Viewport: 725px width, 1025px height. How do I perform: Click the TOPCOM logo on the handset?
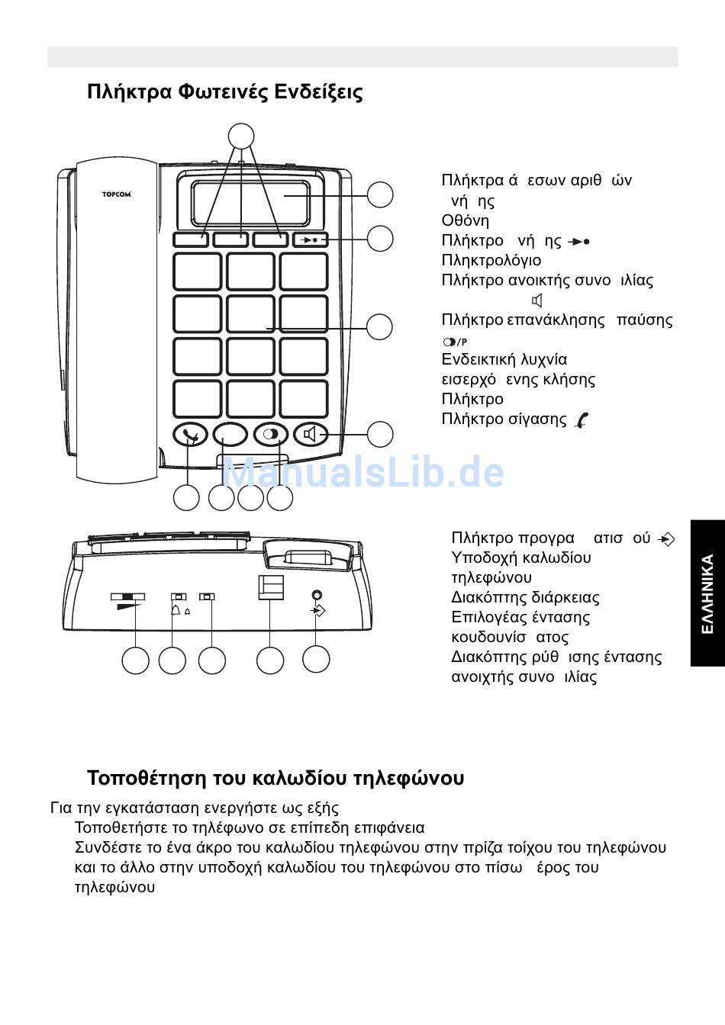(x=117, y=194)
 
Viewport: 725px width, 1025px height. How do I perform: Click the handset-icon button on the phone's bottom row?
(x=190, y=435)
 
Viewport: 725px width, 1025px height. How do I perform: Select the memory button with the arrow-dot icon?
(x=310, y=239)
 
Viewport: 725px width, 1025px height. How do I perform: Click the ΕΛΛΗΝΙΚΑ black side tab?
(x=707, y=593)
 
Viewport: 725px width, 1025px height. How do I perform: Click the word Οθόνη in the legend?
(x=465, y=220)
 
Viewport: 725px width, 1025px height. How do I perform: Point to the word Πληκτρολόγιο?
(x=491, y=260)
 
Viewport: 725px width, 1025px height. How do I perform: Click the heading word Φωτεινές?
(x=223, y=92)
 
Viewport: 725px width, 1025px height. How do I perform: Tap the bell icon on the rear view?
(x=176, y=610)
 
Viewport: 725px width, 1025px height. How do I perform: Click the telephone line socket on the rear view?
(x=271, y=587)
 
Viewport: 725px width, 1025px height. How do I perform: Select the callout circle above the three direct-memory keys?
(x=241, y=137)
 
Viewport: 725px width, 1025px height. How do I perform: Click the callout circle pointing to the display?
(x=379, y=194)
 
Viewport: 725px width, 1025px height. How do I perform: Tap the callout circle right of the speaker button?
(x=379, y=434)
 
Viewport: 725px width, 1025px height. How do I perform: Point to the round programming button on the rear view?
(x=317, y=595)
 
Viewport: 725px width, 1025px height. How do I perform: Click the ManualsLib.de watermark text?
(x=362, y=473)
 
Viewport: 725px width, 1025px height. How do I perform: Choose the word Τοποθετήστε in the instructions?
(x=122, y=827)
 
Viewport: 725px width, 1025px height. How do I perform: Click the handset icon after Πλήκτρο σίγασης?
(x=582, y=419)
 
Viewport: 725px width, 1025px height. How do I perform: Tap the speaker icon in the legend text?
(x=537, y=300)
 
